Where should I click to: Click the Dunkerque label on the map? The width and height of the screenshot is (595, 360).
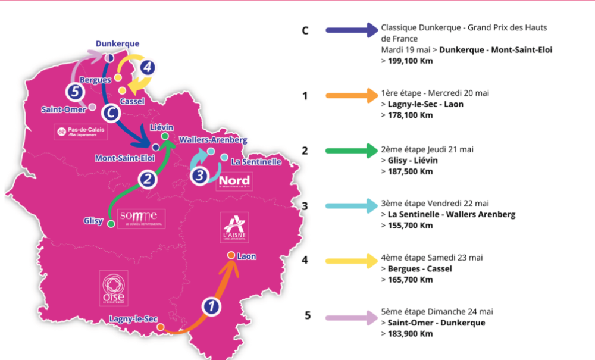[118, 43]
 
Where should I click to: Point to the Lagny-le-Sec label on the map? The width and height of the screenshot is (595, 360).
[133, 319]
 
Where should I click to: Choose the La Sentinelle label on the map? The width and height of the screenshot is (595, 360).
[256, 162]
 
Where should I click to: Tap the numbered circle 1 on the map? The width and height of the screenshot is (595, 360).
[211, 306]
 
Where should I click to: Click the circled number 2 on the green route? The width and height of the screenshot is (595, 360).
[149, 179]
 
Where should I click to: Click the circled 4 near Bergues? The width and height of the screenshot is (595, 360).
[148, 67]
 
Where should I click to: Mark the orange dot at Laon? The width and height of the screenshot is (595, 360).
[230, 256]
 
